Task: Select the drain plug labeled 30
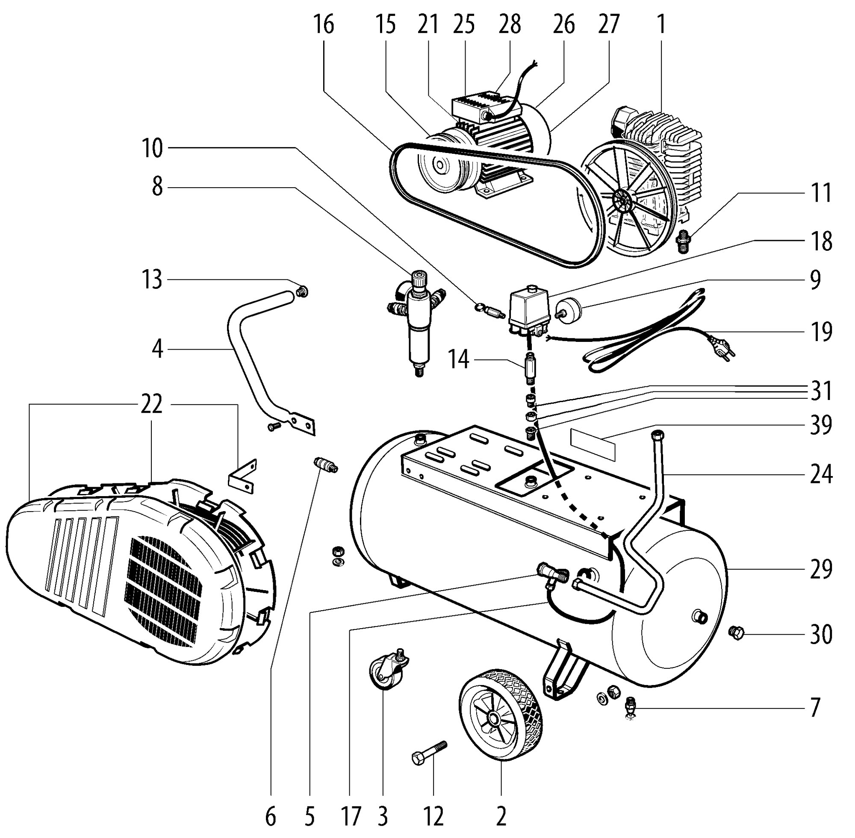click(x=736, y=633)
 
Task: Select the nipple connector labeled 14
click(x=531, y=367)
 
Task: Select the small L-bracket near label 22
click(x=242, y=476)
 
